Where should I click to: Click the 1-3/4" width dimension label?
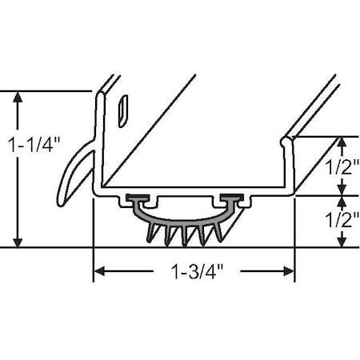tap(194, 272)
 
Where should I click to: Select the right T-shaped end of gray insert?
tap(233, 198)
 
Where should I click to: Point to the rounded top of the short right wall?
tap(286, 142)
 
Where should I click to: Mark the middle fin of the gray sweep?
tap(184, 235)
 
